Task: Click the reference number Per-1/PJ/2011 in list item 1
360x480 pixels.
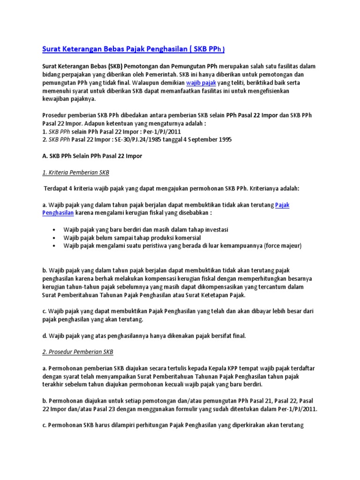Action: (x=159, y=132)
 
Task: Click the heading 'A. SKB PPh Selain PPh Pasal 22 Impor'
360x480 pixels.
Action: (x=92, y=156)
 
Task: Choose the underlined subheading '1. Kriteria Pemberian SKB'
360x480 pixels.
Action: (x=75, y=172)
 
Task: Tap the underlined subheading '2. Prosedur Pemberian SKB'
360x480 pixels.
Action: (x=78, y=352)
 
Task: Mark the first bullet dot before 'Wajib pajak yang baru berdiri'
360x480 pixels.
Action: (x=55, y=230)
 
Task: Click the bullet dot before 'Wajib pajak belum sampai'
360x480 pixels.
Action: (x=55, y=238)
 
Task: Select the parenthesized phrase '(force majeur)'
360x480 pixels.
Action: (x=283, y=246)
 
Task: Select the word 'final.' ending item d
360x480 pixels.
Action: (x=235, y=336)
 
